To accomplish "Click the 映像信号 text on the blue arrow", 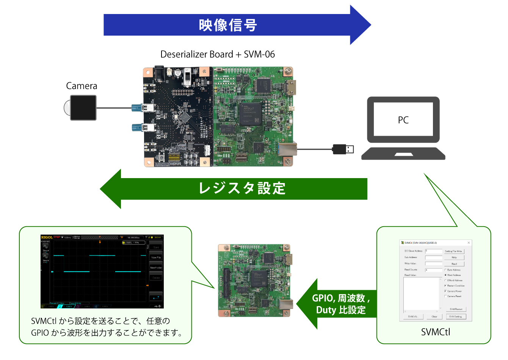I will click(x=228, y=25).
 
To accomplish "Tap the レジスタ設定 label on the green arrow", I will click(x=242, y=188).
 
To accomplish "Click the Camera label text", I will click(x=82, y=86).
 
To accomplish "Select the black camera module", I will click(x=83, y=108).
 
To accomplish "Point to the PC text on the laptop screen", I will click(x=403, y=120).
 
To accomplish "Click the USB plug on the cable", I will click(x=343, y=149).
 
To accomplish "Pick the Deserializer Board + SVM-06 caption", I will click(x=217, y=55).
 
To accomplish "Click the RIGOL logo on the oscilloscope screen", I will click(x=47, y=237).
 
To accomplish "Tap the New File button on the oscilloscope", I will click(x=156, y=257).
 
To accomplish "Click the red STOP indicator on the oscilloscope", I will click(x=57, y=237).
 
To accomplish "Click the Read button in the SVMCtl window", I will click(x=454, y=264).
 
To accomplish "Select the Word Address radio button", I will click(x=445, y=275).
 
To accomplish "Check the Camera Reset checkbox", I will click(x=445, y=296).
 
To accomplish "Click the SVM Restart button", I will click(x=456, y=309).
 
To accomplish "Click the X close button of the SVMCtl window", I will click(x=469, y=243).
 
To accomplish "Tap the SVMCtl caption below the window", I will click(x=436, y=332).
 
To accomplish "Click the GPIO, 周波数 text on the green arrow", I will click(x=340, y=298).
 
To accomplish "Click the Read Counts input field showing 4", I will click(x=433, y=270).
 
